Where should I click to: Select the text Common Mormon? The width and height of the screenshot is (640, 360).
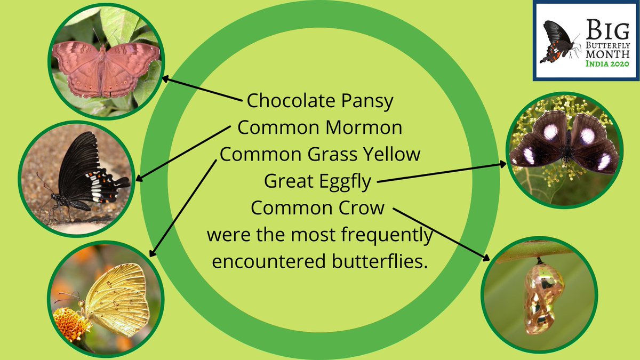click(319, 128)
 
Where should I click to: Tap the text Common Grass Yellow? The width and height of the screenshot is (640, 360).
click(320, 155)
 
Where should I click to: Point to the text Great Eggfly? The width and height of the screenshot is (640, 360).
click(318, 182)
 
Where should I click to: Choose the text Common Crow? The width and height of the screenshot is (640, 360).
click(317, 208)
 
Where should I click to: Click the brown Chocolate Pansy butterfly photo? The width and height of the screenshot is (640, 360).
click(106, 69)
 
